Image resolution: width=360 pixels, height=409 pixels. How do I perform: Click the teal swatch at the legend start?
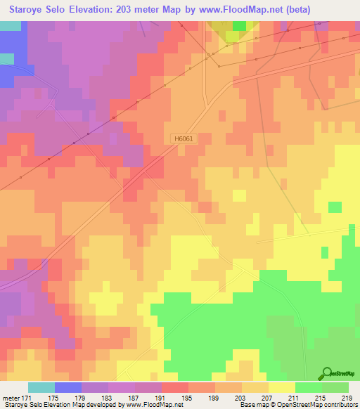(41, 388)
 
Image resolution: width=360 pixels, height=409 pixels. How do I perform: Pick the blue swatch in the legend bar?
(68, 388)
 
